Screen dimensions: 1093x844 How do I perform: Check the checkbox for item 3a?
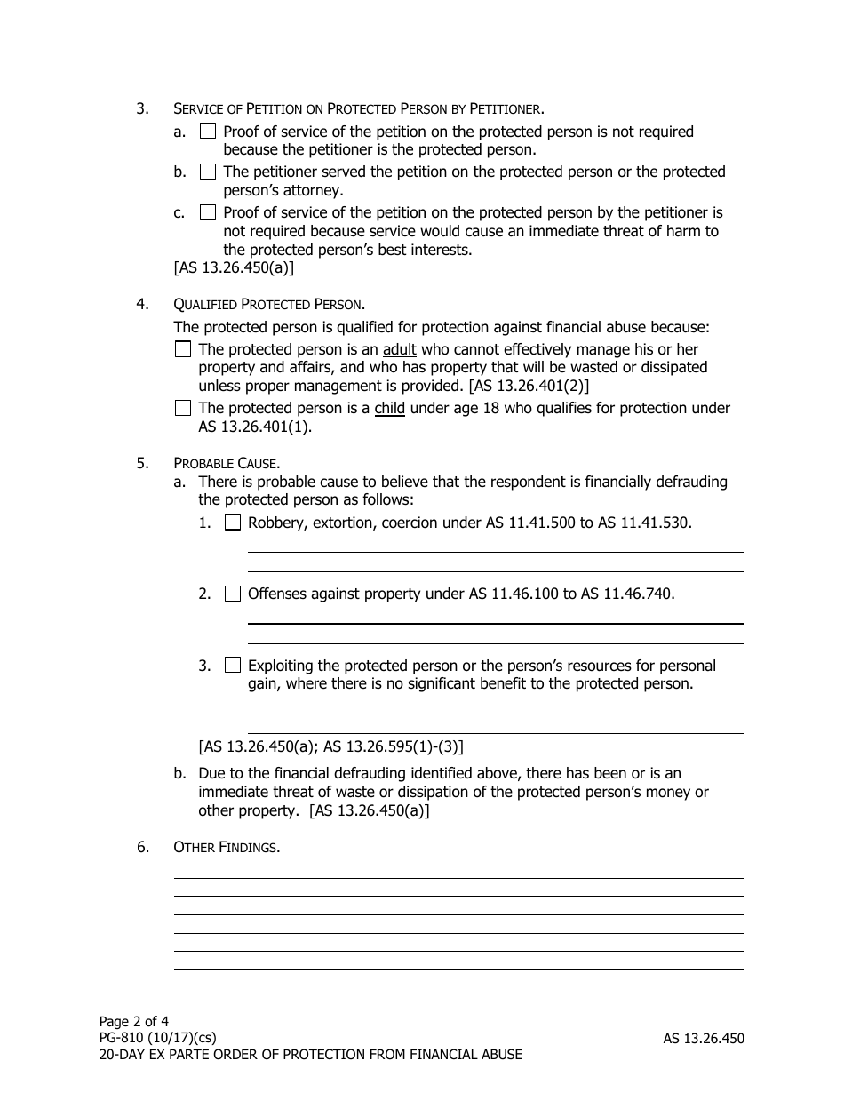[x=207, y=132]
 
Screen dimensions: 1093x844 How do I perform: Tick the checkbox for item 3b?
[x=207, y=172]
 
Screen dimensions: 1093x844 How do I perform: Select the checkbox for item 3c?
[x=207, y=212]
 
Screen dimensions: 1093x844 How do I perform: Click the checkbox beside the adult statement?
[x=183, y=349]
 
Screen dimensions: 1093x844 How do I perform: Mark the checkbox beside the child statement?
[x=183, y=408]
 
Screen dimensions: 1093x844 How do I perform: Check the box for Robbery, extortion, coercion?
[x=233, y=523]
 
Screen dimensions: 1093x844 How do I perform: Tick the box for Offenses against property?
[x=233, y=594]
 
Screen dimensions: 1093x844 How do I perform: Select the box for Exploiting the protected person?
[x=233, y=665]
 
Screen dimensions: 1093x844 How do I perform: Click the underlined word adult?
[x=399, y=350]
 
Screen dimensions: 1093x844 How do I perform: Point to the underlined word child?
[x=389, y=409]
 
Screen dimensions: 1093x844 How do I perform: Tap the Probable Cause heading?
[x=227, y=463]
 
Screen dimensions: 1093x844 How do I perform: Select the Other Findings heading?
[x=227, y=847]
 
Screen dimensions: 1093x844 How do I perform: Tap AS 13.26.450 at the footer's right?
[x=703, y=1038]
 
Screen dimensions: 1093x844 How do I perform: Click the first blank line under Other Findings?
[x=458, y=877]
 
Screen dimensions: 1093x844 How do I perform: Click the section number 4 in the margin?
[x=142, y=305]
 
